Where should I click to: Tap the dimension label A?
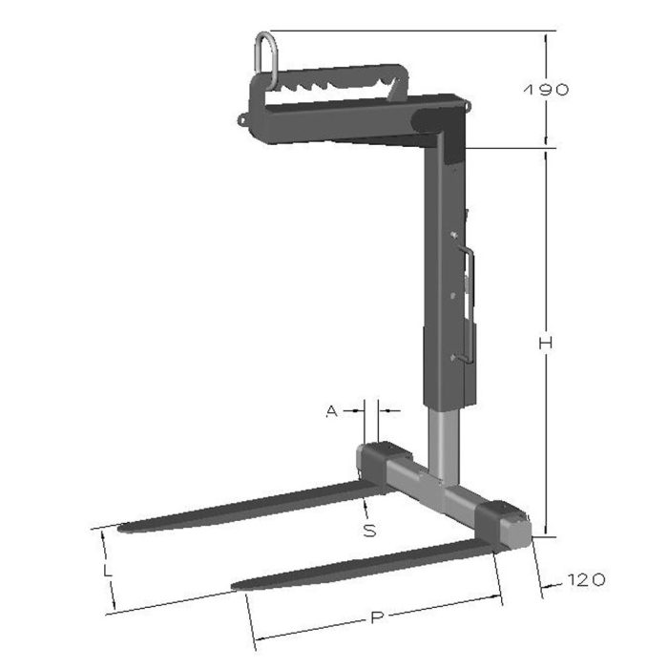[x=331, y=411]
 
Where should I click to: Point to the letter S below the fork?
[x=369, y=531]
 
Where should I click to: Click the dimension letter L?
[x=108, y=571]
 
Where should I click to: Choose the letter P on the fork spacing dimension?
[x=377, y=619]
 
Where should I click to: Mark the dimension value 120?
[x=585, y=579]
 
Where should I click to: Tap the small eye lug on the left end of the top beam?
[x=241, y=120]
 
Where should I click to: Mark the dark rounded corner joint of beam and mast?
[x=449, y=129]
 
